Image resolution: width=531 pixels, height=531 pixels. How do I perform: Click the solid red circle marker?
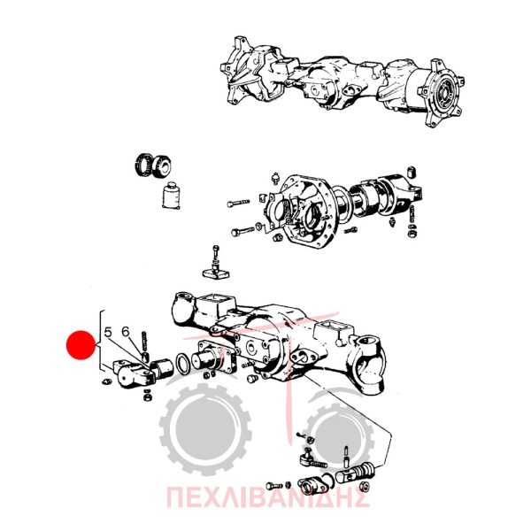click(81, 345)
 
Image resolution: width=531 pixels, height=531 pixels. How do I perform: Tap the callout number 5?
click(108, 333)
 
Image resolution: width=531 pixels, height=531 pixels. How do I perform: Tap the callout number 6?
click(126, 332)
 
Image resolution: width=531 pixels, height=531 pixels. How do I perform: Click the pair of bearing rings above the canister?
click(153, 165)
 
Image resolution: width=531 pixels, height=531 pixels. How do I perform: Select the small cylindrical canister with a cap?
click(171, 196)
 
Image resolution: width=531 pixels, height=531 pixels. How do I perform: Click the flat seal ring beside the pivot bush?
click(183, 364)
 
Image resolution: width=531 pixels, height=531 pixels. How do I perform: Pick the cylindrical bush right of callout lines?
click(162, 368)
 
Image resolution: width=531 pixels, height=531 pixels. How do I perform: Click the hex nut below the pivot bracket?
click(147, 396)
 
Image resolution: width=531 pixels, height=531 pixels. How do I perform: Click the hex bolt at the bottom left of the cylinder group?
click(274, 486)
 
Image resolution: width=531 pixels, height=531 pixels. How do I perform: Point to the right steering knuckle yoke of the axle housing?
click(368, 365)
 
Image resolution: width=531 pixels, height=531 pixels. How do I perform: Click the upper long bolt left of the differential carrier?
click(238, 203)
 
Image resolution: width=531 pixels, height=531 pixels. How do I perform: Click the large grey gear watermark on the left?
click(205, 429)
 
